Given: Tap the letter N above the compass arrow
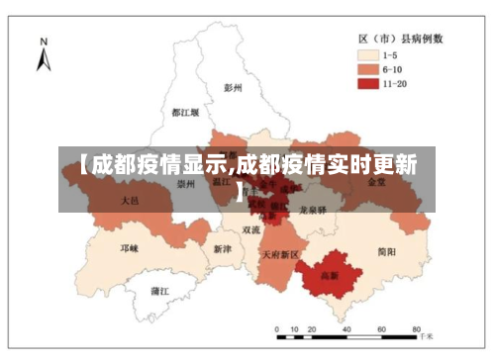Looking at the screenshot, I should coord(43,41).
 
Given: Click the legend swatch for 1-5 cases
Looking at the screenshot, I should coord(368,55).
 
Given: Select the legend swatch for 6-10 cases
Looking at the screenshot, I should coord(368,70).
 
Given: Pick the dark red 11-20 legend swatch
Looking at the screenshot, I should coord(368,85).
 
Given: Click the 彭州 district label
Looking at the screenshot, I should coord(234,87).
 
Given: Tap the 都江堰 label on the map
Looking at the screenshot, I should coord(185,113).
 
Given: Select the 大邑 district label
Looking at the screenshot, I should coord(130,200).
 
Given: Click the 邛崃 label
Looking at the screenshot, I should coord(130,247).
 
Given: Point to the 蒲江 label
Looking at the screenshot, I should coord(159,291).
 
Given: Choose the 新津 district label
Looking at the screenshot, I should coord(224,249).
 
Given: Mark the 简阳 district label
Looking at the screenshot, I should coord(386,252).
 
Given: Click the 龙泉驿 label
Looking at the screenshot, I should coord(314,210).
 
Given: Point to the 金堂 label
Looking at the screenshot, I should coord(377,183).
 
